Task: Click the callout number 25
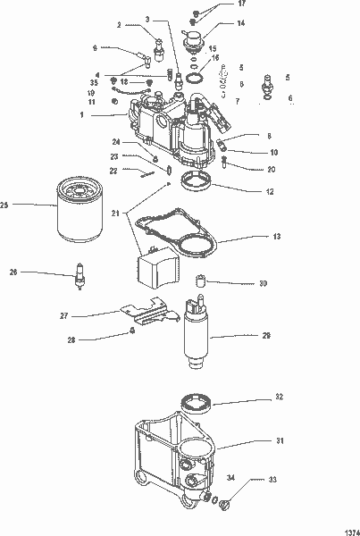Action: pyautogui.click(x=4, y=205)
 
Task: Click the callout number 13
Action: pyautogui.click(x=277, y=237)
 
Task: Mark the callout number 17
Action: pyautogui.click(x=242, y=4)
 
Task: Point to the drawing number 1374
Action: pyautogui.click(x=340, y=529)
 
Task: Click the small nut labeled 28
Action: pyautogui.click(x=132, y=330)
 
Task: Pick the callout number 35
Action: pyautogui.click(x=92, y=82)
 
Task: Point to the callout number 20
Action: pyautogui.click(x=272, y=169)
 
